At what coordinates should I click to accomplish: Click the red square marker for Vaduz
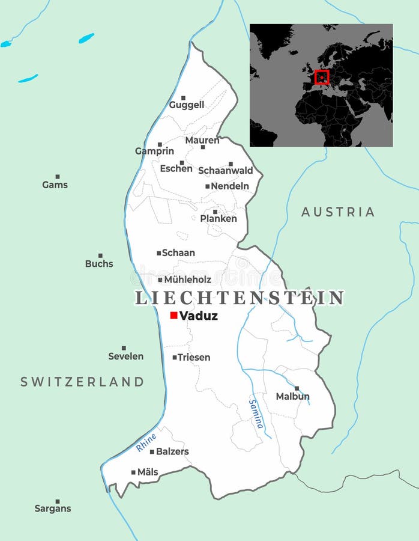tap(173, 315)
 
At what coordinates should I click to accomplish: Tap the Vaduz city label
tap(198, 316)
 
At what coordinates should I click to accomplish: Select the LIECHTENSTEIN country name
tap(240, 298)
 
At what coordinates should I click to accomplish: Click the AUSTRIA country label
tap(338, 212)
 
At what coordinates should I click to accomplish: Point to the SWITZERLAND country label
tap(82, 381)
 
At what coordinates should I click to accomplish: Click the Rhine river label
tap(146, 442)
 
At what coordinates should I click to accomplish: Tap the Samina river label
tap(256, 414)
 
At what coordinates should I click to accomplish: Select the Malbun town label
tap(292, 396)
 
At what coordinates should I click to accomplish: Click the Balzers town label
tap(172, 451)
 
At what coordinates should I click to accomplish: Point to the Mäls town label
tap(148, 472)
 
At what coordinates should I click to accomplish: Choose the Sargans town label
tap(53, 509)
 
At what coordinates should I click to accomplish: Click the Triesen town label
tap(194, 357)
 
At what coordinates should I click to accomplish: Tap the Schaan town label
tap(178, 253)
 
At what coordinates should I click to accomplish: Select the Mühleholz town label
tap(187, 280)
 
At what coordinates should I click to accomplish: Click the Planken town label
tap(219, 219)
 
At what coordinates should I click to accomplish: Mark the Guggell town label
tap(186, 105)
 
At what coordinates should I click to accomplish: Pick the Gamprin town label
tap(154, 151)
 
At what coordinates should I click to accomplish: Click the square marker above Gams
tap(58, 177)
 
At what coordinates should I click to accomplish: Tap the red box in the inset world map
tap(322, 77)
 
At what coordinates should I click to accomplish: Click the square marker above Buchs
tap(100, 255)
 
